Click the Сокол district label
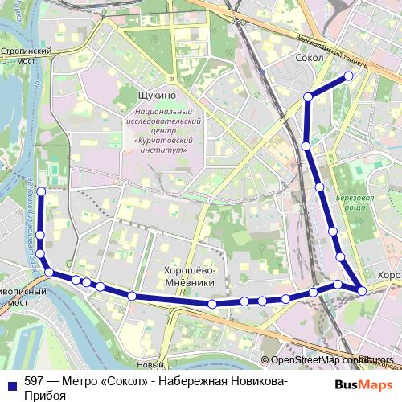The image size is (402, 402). click(310, 58)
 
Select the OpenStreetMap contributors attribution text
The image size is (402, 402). click(331, 360)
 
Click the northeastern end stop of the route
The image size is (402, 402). click(349, 76)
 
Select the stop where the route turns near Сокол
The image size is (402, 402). click(308, 97)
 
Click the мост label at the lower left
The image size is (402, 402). click(18, 305)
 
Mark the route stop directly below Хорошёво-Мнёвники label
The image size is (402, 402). click(211, 304)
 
